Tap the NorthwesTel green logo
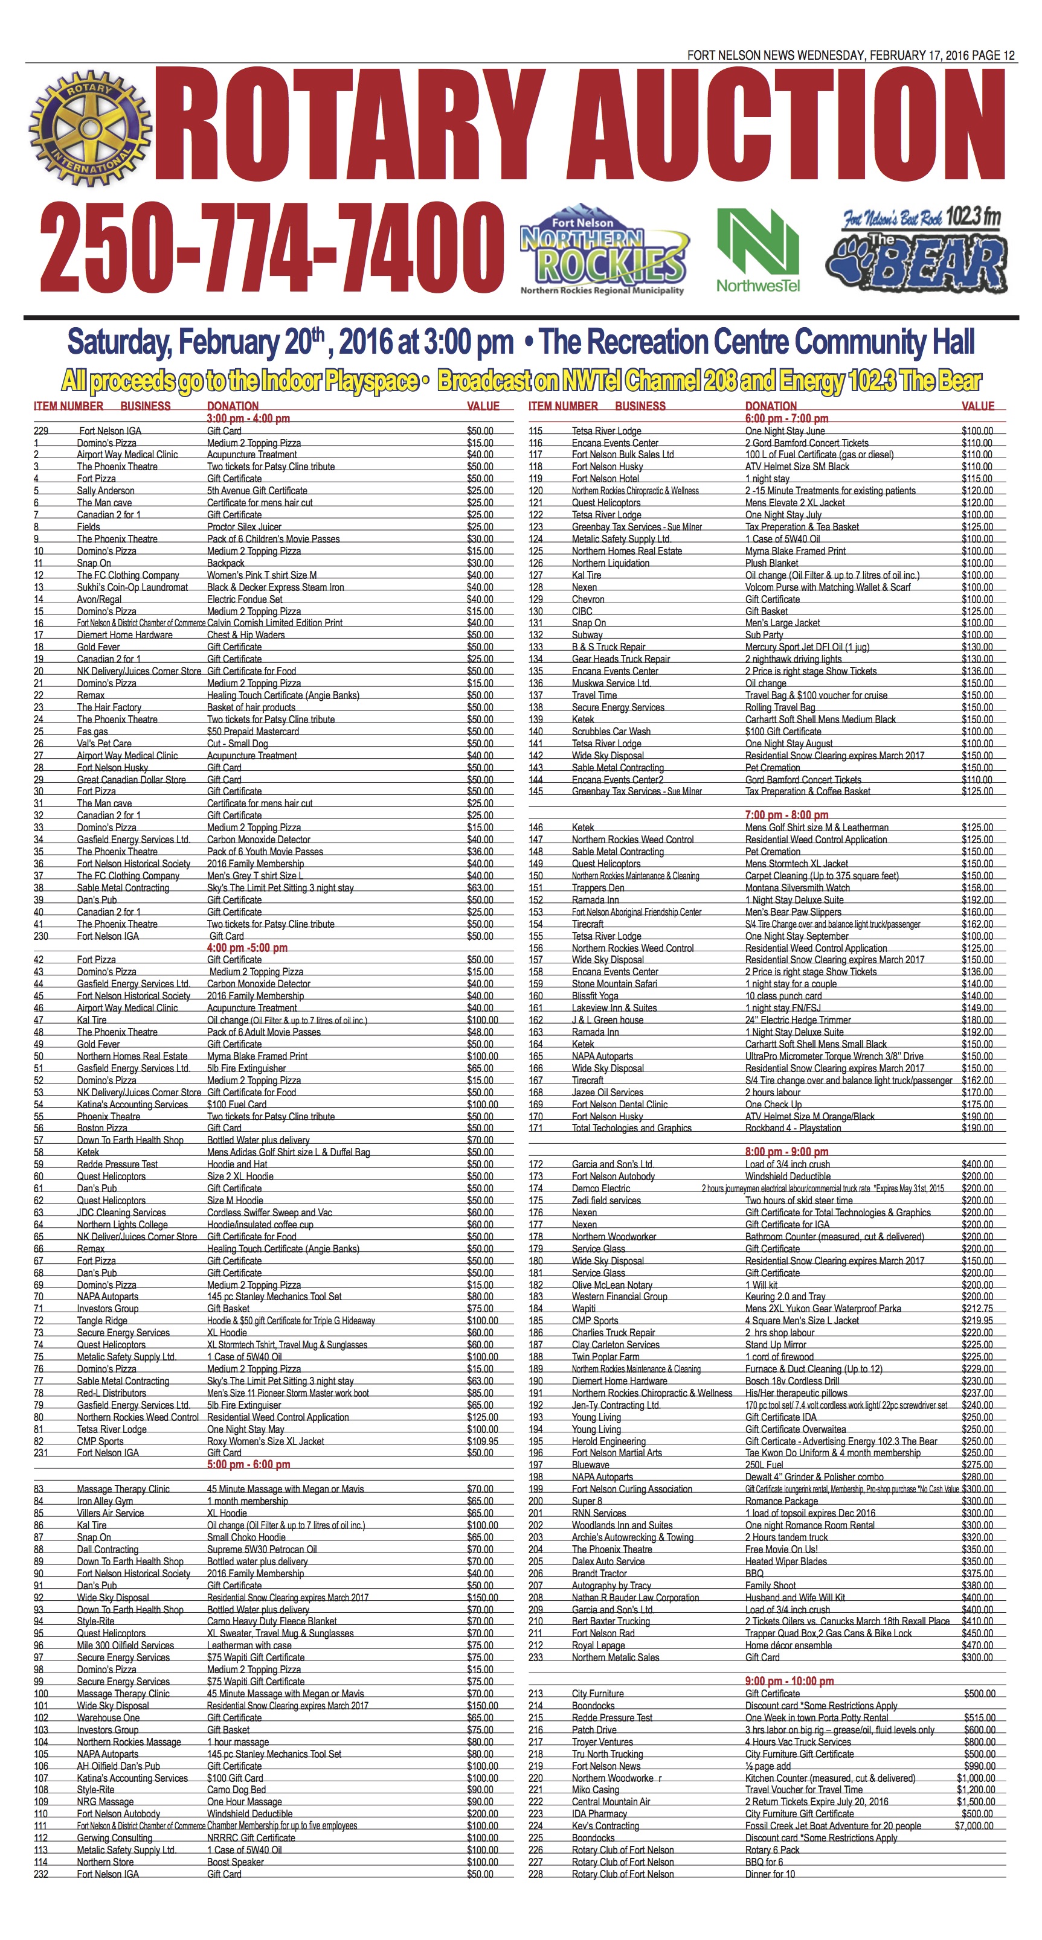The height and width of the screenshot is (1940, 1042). pyautogui.click(x=757, y=249)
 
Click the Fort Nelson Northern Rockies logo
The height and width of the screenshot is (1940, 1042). pyautogui.click(x=603, y=249)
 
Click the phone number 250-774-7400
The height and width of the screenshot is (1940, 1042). pyautogui.click(x=271, y=247)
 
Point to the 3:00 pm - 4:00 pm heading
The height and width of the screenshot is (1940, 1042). pyautogui.click(x=248, y=418)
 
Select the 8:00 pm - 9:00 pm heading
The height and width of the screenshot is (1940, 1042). pyautogui.click(x=786, y=1152)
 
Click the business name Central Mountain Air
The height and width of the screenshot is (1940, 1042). pyautogui.click(x=610, y=1801)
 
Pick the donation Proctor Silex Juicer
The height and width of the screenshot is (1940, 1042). pyautogui.click(x=244, y=526)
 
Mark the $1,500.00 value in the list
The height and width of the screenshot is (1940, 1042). pyautogui.click(x=976, y=1801)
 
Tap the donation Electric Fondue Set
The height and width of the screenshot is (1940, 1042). pyautogui.click(x=245, y=599)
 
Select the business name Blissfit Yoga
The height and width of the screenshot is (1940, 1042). pyautogui.click(x=594, y=995)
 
